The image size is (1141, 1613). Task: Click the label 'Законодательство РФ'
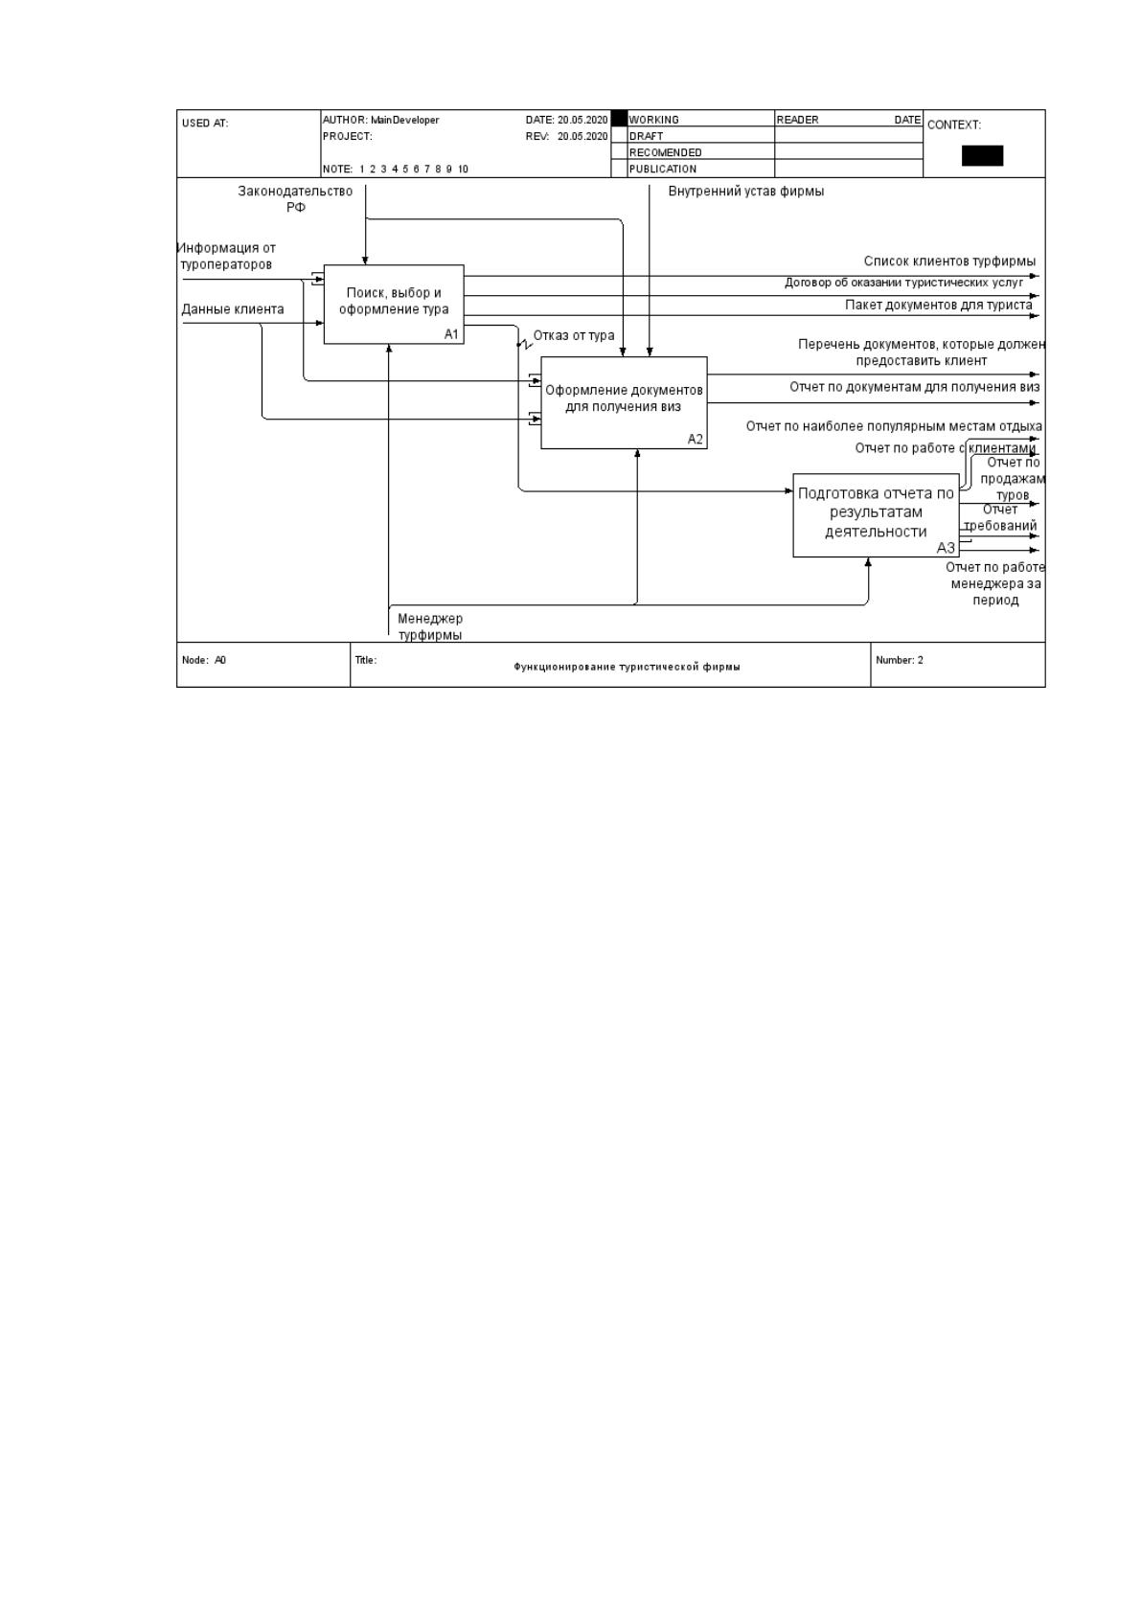point(295,198)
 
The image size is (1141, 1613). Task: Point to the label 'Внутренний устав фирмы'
point(745,192)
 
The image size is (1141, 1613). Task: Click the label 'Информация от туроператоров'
point(227,256)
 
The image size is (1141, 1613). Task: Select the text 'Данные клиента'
point(232,309)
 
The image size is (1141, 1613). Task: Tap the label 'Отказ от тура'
point(574,335)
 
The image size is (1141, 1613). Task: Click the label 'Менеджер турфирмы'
point(430,626)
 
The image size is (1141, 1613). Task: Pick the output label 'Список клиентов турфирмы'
point(949,261)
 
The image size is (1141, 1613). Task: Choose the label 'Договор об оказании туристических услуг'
point(903,283)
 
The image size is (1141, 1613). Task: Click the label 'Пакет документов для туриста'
point(938,305)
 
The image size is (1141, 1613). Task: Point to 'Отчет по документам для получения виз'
point(914,387)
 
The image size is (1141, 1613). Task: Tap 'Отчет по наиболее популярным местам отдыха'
point(893,426)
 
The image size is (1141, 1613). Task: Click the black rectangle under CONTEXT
point(982,155)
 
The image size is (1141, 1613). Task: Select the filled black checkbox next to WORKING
point(619,119)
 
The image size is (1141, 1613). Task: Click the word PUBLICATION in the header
point(663,170)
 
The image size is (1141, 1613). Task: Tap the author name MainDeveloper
point(405,121)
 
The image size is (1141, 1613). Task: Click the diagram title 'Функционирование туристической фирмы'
point(627,667)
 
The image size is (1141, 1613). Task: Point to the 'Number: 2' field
point(899,660)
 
